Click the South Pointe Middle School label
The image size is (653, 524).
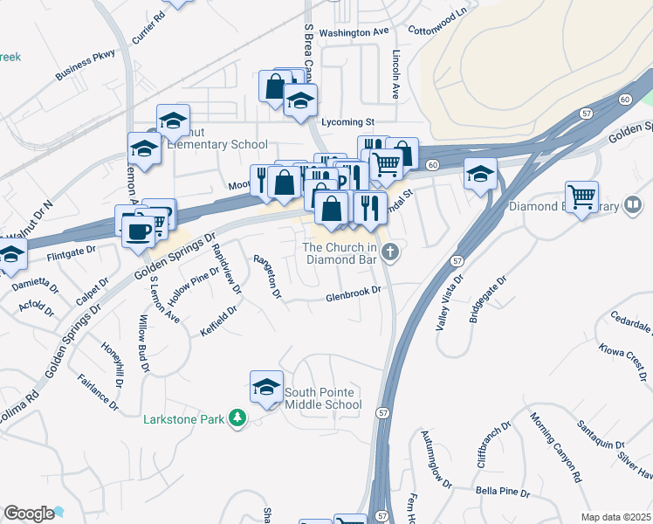coord(323,398)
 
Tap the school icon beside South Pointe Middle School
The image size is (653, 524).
coord(266,387)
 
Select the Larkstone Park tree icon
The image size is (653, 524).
coord(235,419)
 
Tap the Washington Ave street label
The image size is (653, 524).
coord(354,32)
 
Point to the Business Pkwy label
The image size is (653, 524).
coord(85,64)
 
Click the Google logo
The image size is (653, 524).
coord(29,514)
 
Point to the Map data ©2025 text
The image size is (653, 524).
coord(615,517)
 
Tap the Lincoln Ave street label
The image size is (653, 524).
coord(395,72)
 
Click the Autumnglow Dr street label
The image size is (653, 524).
coord(436,458)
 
